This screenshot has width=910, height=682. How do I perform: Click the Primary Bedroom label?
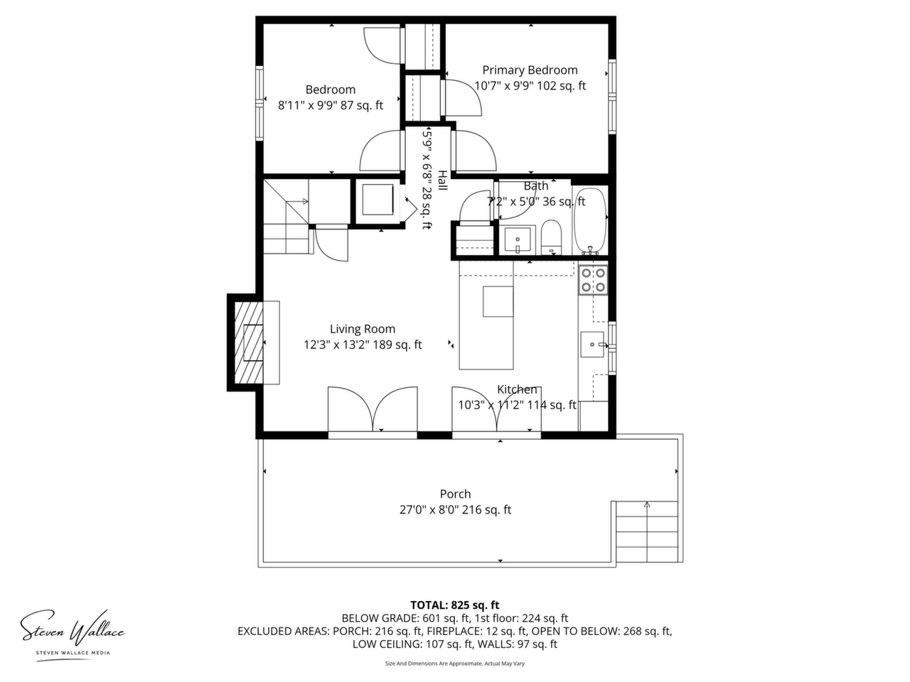[530, 70]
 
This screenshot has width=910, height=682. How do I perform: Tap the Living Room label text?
[363, 329]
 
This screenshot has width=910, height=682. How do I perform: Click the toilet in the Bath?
[552, 237]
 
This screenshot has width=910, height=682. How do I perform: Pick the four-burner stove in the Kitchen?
[593, 280]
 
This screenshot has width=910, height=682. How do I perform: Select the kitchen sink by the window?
[592, 344]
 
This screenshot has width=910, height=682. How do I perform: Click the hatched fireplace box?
[249, 343]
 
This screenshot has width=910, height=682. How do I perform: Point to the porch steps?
[647, 531]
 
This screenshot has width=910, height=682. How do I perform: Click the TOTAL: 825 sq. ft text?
[455, 605]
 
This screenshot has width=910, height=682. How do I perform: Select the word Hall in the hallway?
[442, 180]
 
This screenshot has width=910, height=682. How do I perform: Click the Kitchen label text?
[517, 389]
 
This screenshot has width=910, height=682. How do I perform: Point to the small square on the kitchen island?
[498, 301]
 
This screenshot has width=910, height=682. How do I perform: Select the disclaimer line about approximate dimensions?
[455, 664]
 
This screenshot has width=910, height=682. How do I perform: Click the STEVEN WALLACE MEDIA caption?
[73, 653]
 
